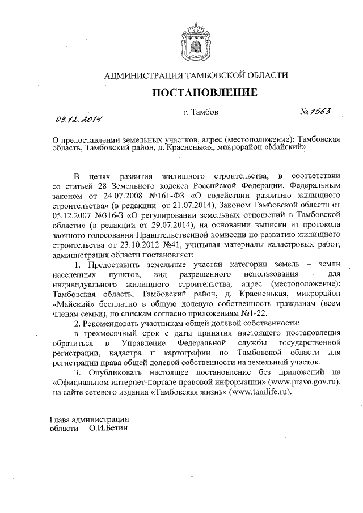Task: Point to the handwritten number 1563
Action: point(317,111)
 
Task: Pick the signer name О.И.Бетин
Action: point(108,428)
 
